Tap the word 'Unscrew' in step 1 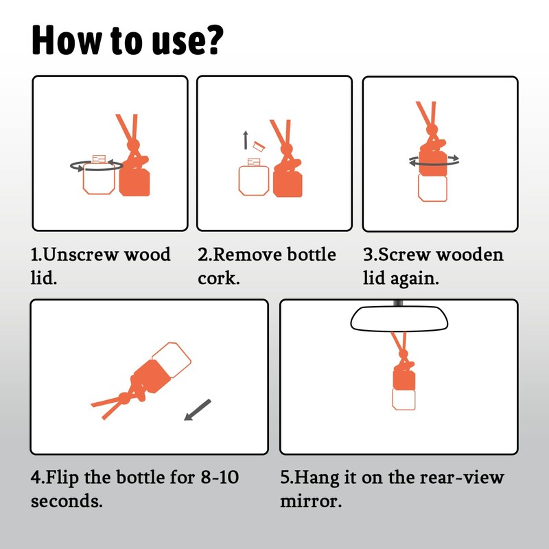click(82, 254)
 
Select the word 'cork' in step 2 click(216, 278)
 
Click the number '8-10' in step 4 click(220, 477)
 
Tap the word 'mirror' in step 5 click(308, 501)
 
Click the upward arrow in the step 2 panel click(246, 140)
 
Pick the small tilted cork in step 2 click(259, 146)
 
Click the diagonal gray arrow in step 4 click(198, 410)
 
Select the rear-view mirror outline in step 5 click(399, 318)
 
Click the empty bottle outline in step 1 click(99, 178)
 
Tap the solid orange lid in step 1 click(135, 182)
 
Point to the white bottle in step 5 click(404, 399)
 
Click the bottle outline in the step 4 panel click(172, 360)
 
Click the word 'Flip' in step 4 click(62, 478)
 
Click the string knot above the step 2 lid click(286, 148)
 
